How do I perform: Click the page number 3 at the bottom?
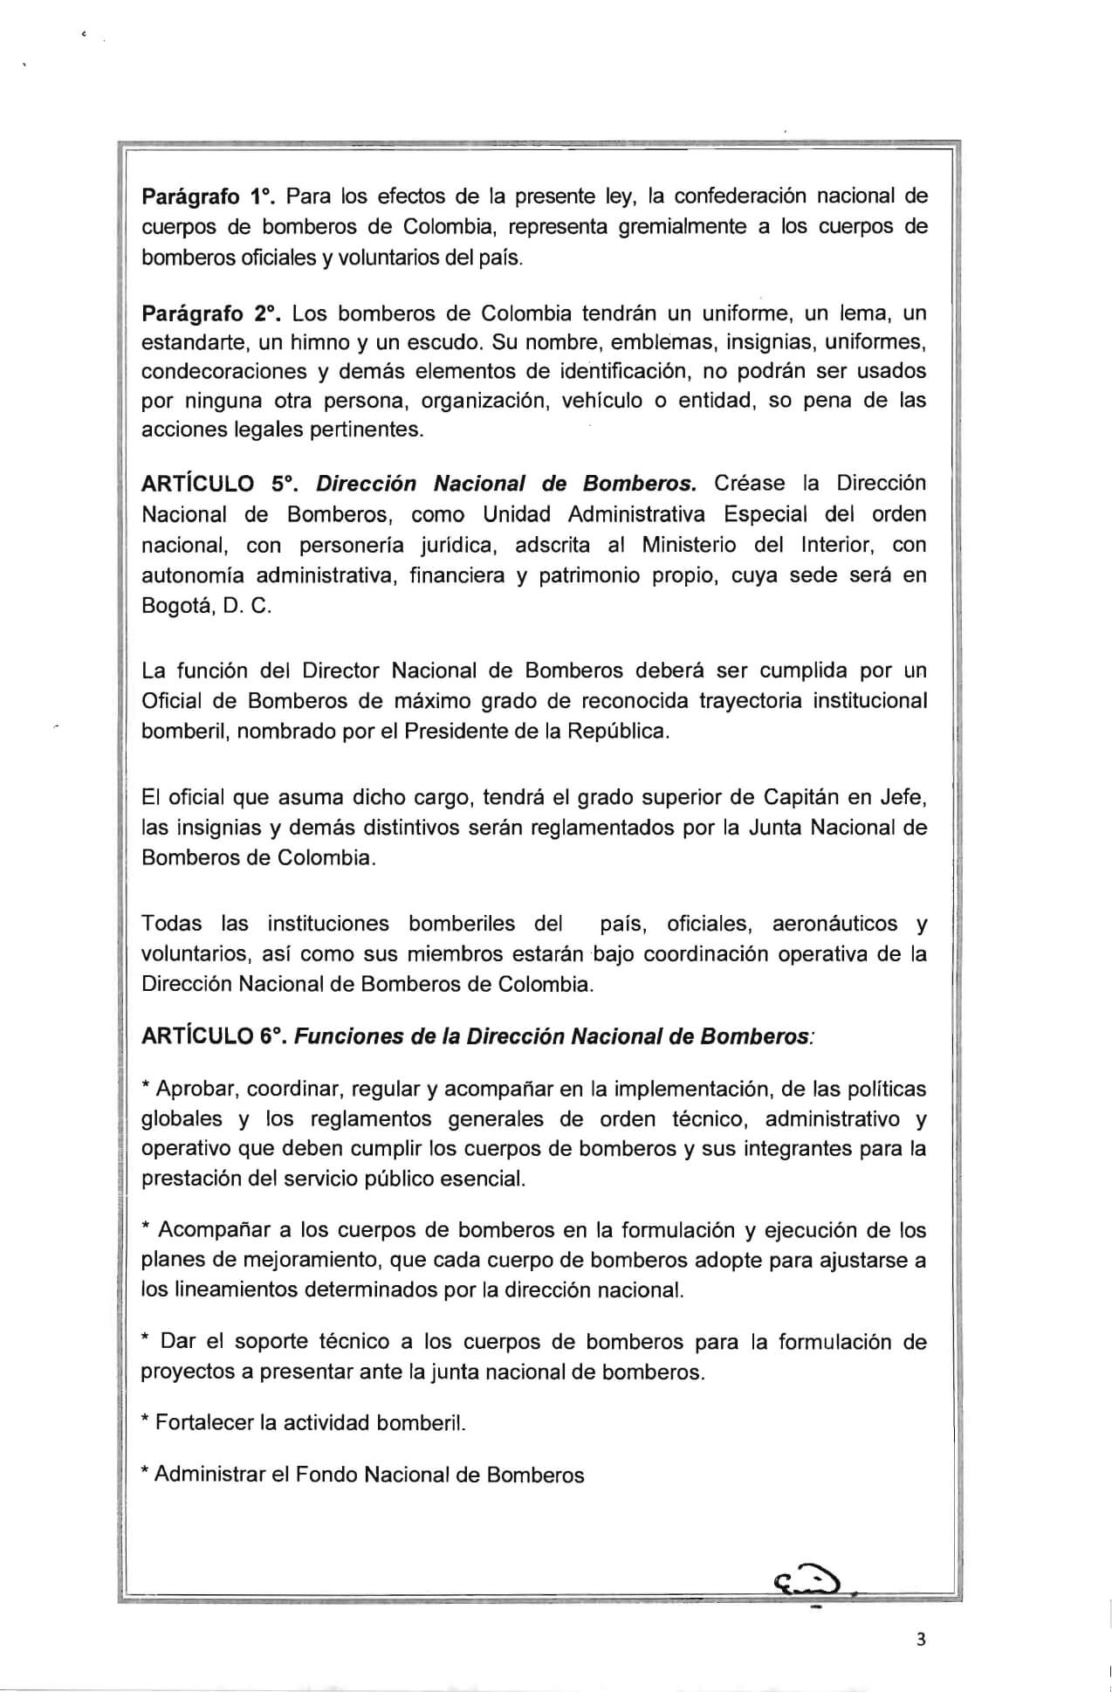tap(920, 1639)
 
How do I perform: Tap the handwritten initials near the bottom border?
tap(804, 1578)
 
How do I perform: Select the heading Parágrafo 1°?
tap(209, 196)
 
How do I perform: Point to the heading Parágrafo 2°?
tap(210, 313)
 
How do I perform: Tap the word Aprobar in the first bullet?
tap(196, 1090)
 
